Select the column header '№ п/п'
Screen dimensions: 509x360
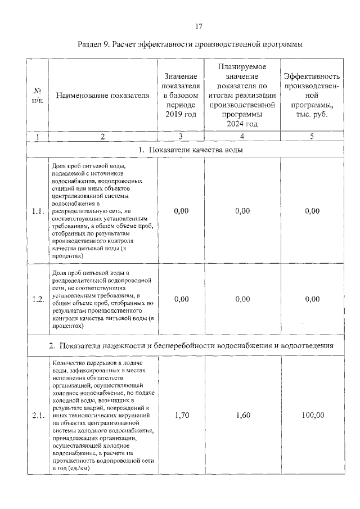(38, 96)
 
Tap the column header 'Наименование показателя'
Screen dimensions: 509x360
(103, 96)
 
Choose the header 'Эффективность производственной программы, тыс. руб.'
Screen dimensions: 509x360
(312, 96)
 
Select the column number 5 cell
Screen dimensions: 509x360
(312, 136)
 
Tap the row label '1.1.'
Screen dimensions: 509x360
(38, 211)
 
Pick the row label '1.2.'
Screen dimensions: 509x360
(38, 299)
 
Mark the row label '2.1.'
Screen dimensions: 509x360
(38, 416)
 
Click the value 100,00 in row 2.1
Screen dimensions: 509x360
(312, 416)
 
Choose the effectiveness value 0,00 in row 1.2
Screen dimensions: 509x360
(312, 299)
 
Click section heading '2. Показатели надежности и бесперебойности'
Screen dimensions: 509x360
(191, 345)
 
